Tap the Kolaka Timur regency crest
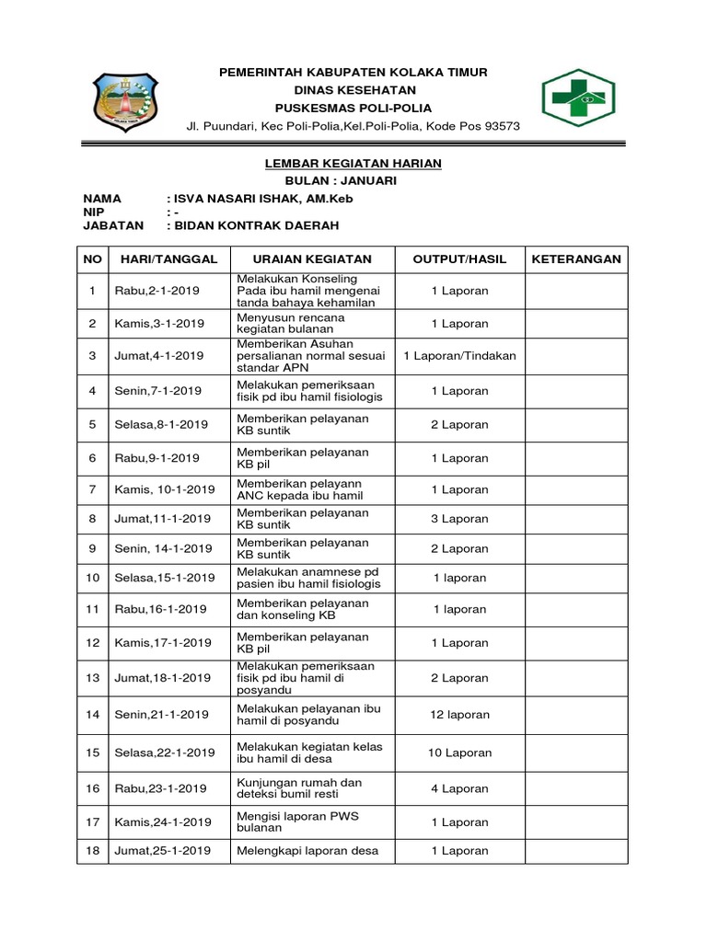[x=127, y=102]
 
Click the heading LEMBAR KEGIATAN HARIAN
[x=353, y=163]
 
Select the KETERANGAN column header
[x=576, y=259]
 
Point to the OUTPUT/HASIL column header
[x=459, y=259]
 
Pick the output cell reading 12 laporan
[x=459, y=714]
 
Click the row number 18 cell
[x=92, y=850]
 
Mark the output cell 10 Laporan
[x=459, y=752]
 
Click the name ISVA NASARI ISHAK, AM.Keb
[x=263, y=199]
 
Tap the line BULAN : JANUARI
[x=353, y=180]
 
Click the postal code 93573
[x=502, y=126]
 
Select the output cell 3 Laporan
[x=459, y=519]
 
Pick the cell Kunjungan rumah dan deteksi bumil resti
[x=299, y=788]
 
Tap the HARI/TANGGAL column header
[x=168, y=259]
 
